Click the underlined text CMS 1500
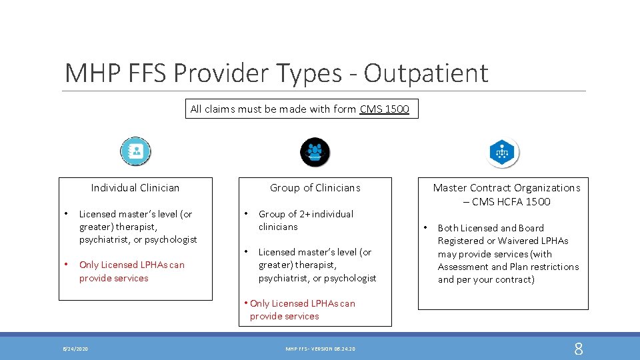pyautogui.click(x=384, y=109)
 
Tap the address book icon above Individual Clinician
pyautogui.click(x=136, y=151)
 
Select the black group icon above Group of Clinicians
pyautogui.click(x=315, y=152)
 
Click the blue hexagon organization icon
pyautogui.click(x=503, y=153)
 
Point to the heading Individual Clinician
pyautogui.click(x=135, y=188)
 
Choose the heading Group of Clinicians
pyautogui.click(x=315, y=188)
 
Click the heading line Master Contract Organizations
pyautogui.click(x=507, y=188)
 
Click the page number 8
pyautogui.click(x=578, y=349)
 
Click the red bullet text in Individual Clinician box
pyautogui.click(x=131, y=271)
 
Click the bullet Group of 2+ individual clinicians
pyautogui.click(x=305, y=221)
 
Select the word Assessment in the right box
pyautogui.click(x=464, y=267)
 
